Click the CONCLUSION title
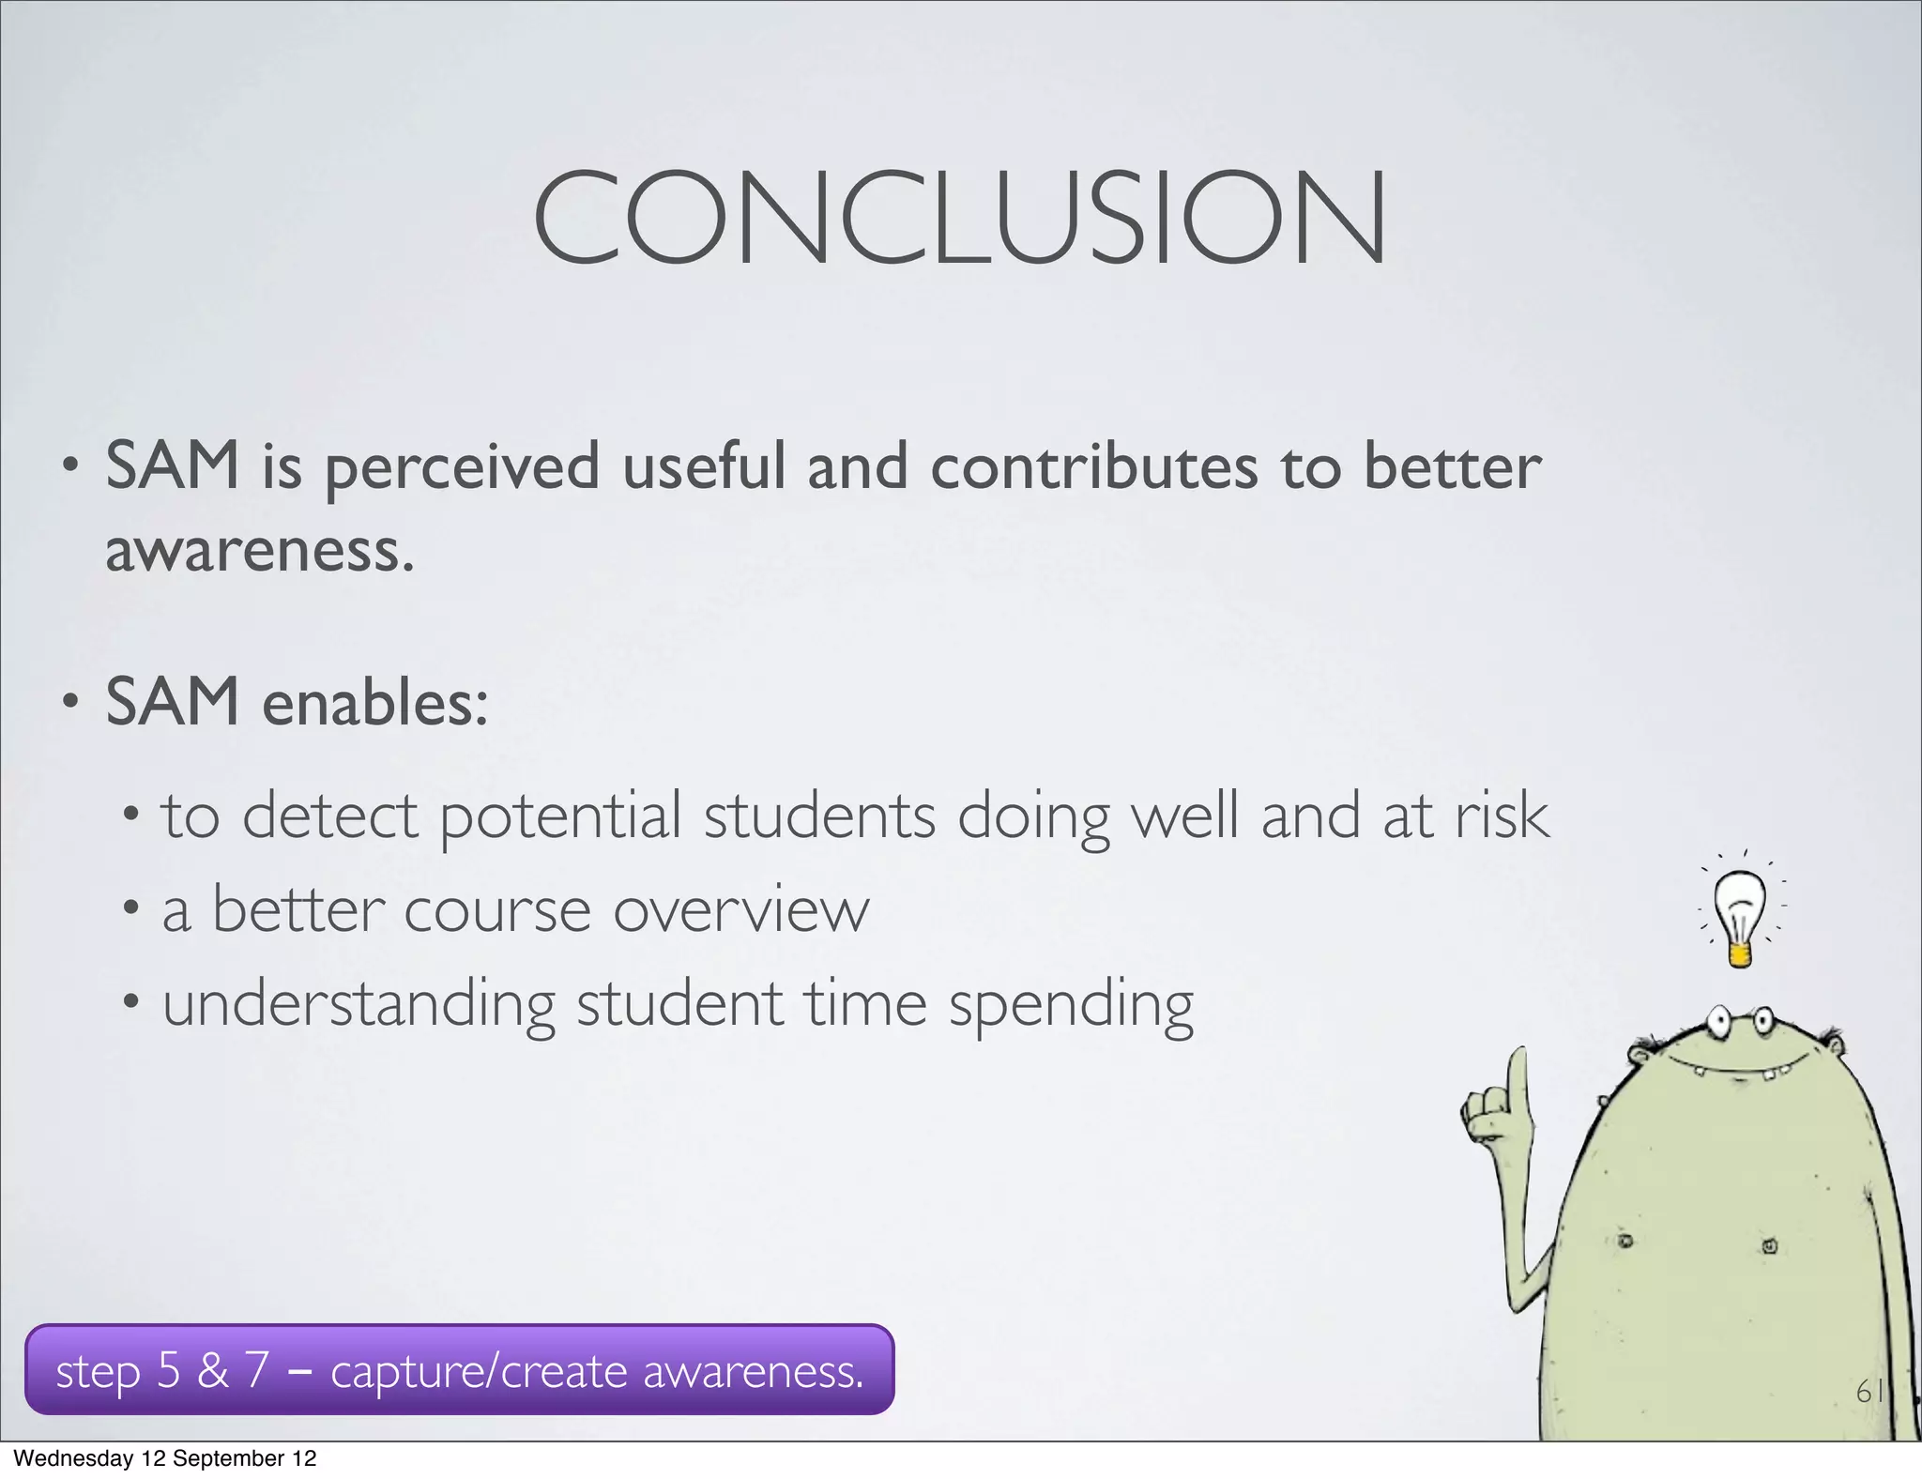point(959,218)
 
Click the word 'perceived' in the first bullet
point(461,468)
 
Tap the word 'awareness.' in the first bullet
point(259,551)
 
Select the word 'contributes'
point(1093,466)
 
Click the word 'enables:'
point(375,703)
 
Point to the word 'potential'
point(560,816)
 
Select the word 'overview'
point(741,910)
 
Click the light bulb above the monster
point(1739,916)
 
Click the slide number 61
point(1869,1391)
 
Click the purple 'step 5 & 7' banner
point(459,1370)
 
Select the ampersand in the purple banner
point(213,1370)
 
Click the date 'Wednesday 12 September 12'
point(165,1458)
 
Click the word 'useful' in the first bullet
point(704,466)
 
